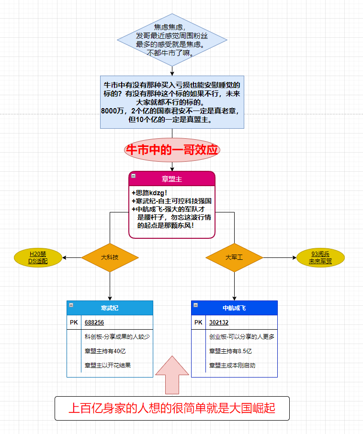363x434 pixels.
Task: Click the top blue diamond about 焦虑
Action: [x=172, y=40]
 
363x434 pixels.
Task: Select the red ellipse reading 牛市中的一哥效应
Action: [x=172, y=150]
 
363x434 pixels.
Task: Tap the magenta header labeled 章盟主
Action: [x=172, y=179]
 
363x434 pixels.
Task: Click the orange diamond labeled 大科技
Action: [x=110, y=257]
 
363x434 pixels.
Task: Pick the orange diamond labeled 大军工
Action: [x=234, y=257]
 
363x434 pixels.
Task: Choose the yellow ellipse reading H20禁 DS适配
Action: [x=38, y=257]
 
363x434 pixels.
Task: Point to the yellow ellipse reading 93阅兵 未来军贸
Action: [x=320, y=257]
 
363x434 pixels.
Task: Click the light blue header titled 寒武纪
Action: [x=110, y=308]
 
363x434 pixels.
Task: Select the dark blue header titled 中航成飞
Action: [x=234, y=308]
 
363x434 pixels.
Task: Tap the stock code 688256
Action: [x=94, y=323]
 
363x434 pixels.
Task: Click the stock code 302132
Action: [x=219, y=323]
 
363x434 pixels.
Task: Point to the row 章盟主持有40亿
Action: [x=105, y=351]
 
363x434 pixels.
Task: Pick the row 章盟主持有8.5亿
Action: [x=230, y=351]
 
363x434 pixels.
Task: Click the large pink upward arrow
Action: [x=172, y=375]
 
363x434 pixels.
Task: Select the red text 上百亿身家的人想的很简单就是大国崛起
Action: [x=172, y=408]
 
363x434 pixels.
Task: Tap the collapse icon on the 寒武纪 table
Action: [x=71, y=305]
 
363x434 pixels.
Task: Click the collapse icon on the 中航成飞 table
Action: [x=196, y=305]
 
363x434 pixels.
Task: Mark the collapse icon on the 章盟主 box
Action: [x=133, y=176]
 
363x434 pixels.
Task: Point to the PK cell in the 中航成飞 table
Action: [x=198, y=323]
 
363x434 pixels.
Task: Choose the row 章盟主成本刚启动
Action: [x=232, y=366]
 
